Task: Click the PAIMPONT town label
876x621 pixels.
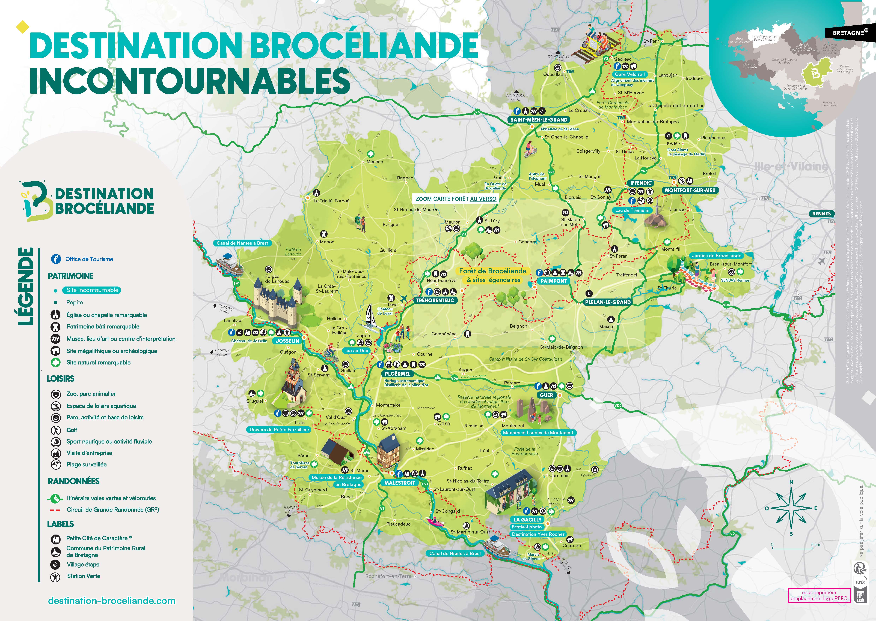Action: coord(553,281)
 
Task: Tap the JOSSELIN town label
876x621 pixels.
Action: coord(287,341)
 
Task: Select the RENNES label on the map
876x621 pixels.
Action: coord(821,214)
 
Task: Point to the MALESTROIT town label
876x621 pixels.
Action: coord(400,483)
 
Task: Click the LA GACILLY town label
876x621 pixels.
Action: coord(527,520)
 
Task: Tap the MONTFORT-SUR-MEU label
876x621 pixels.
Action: coord(690,190)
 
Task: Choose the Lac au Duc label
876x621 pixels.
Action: coord(356,350)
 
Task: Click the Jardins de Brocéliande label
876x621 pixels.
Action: coord(716,255)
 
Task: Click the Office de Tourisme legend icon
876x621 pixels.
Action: coord(56,259)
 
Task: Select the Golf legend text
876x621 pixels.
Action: coord(72,430)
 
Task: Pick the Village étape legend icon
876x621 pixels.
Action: coord(55,564)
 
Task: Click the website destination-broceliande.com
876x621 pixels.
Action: coord(112,601)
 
